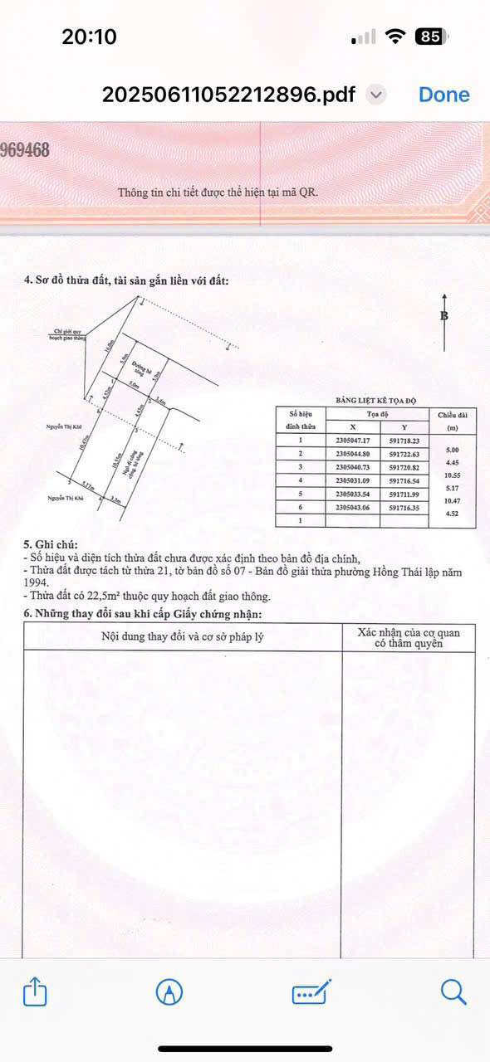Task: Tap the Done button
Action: pyautogui.click(x=443, y=95)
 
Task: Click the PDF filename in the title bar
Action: pyautogui.click(x=228, y=95)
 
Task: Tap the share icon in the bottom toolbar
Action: pyautogui.click(x=34, y=992)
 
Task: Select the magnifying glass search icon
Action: pyautogui.click(x=453, y=991)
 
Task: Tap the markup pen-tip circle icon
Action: pyautogui.click(x=169, y=991)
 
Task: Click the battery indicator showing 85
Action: pyautogui.click(x=432, y=37)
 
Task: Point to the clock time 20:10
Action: pyautogui.click(x=89, y=37)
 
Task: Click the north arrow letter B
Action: pyautogui.click(x=444, y=316)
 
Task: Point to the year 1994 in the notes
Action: pyautogui.click(x=37, y=584)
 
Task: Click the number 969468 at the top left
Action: pyautogui.click(x=25, y=150)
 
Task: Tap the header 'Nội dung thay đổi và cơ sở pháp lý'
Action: pyautogui.click(x=183, y=637)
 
